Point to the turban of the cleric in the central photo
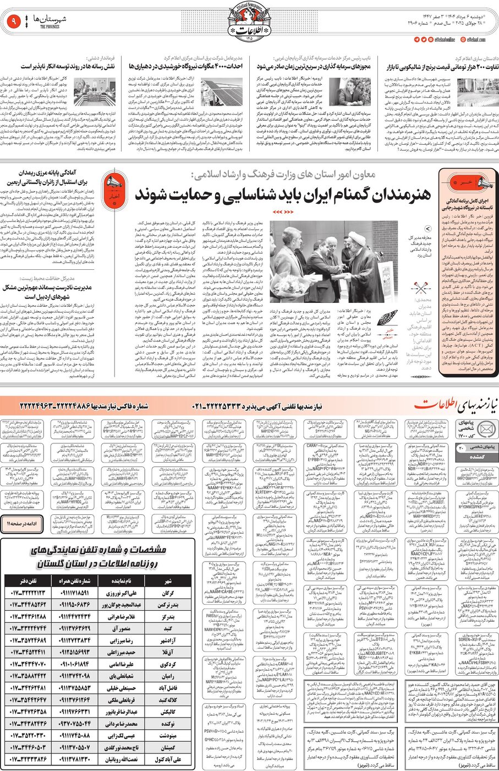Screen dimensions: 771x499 (x=353, y=237)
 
